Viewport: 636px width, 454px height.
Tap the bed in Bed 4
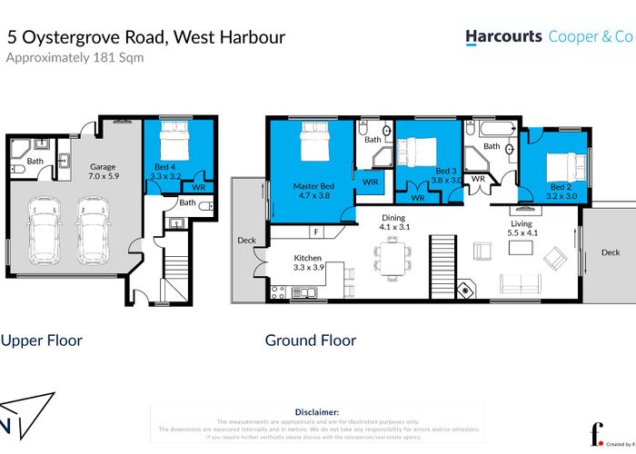click(173, 145)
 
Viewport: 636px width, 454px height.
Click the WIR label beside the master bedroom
click(370, 182)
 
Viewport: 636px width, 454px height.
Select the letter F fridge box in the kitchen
click(314, 231)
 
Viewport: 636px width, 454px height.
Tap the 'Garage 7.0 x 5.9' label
click(102, 173)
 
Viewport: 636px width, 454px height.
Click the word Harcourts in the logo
click(503, 37)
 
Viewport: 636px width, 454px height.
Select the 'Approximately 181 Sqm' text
click(75, 57)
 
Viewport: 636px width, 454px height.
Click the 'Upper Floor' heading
click(41, 340)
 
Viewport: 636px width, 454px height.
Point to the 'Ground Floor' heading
click(310, 340)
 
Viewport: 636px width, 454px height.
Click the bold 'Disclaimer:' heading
click(317, 411)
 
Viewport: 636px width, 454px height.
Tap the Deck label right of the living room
click(610, 253)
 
